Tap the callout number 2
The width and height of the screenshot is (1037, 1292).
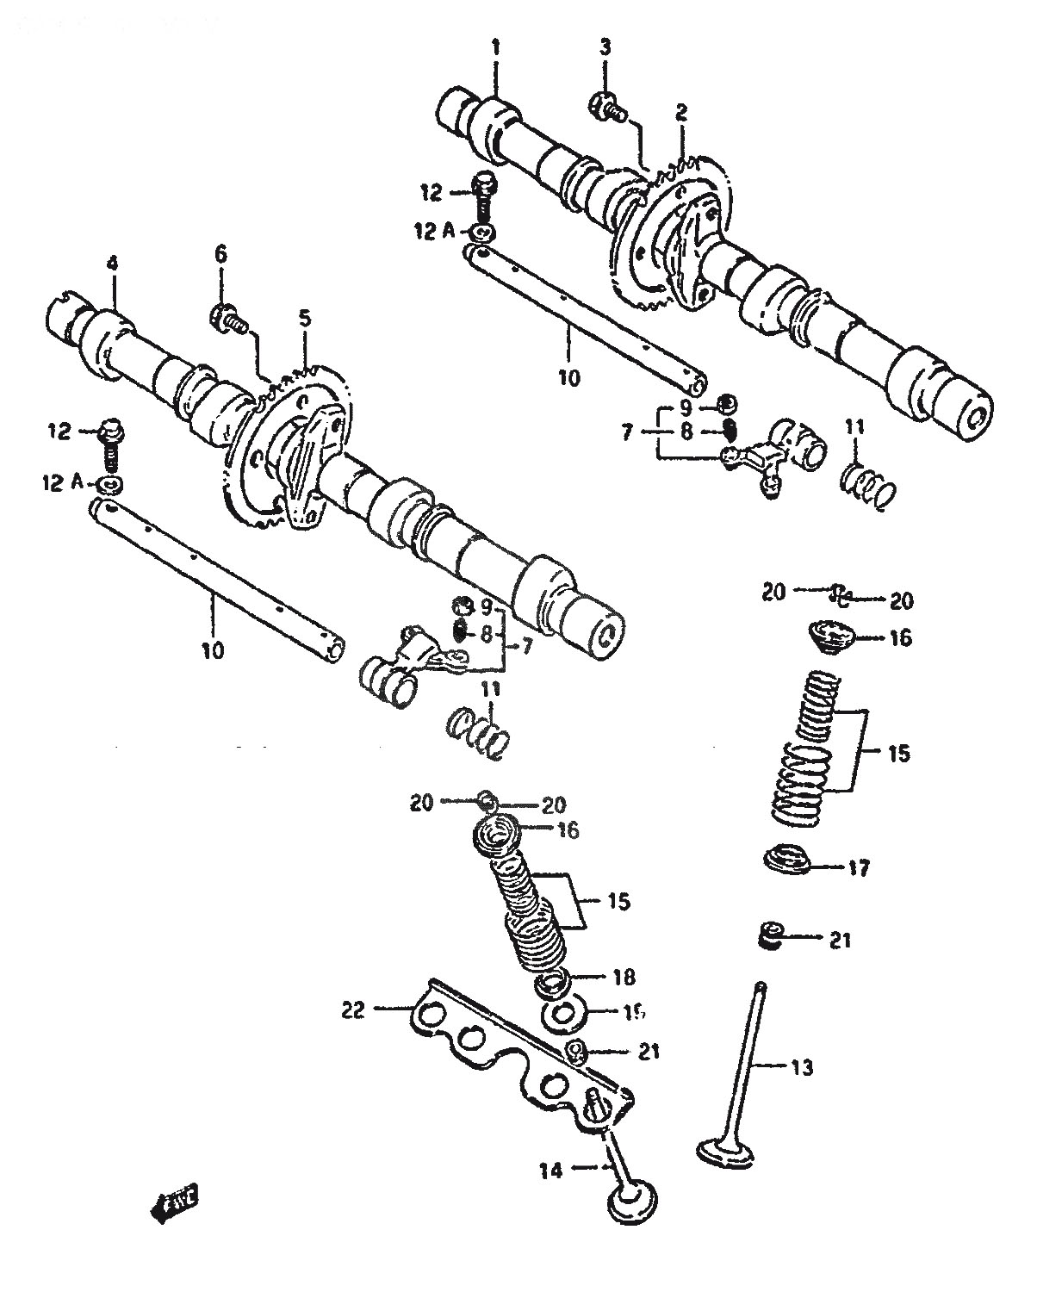[681, 111]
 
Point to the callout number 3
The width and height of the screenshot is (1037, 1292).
[605, 47]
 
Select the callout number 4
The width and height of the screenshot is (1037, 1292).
[112, 264]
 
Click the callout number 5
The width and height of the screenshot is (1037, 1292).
[304, 319]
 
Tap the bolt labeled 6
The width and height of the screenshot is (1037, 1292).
[225, 320]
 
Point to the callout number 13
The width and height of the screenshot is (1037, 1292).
[801, 1068]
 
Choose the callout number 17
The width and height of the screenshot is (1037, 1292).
[859, 867]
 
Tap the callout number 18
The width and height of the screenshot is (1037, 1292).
[624, 977]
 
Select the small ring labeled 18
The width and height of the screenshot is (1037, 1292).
[556, 979]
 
